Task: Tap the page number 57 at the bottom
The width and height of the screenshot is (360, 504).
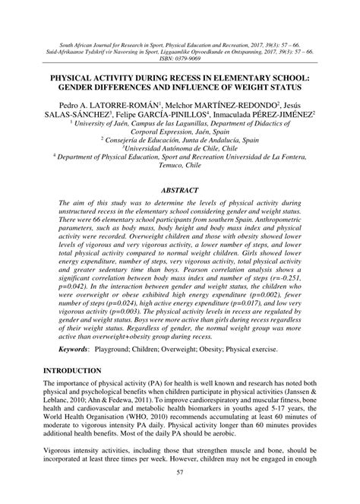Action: pos(180,494)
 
